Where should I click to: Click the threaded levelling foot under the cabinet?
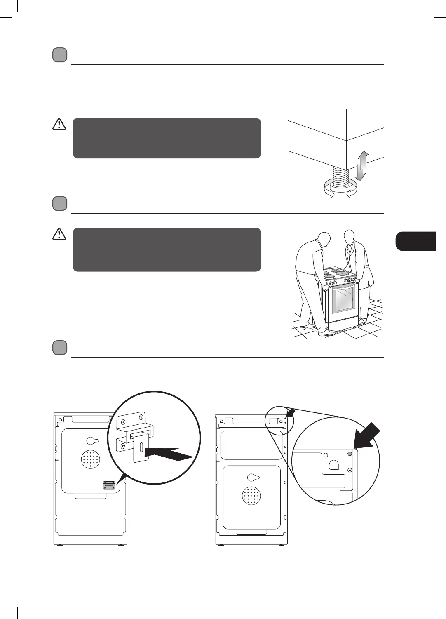(x=341, y=177)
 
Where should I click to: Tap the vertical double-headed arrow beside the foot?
(x=361, y=166)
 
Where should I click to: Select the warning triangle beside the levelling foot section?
(x=59, y=124)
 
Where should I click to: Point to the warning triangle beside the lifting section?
(x=59, y=234)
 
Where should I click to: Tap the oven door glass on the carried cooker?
(x=343, y=299)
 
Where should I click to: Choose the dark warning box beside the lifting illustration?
(x=167, y=249)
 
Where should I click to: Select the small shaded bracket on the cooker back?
(x=109, y=485)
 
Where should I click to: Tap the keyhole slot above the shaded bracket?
(x=92, y=440)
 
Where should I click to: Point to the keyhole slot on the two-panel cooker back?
(x=253, y=478)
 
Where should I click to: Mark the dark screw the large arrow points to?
(x=350, y=453)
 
